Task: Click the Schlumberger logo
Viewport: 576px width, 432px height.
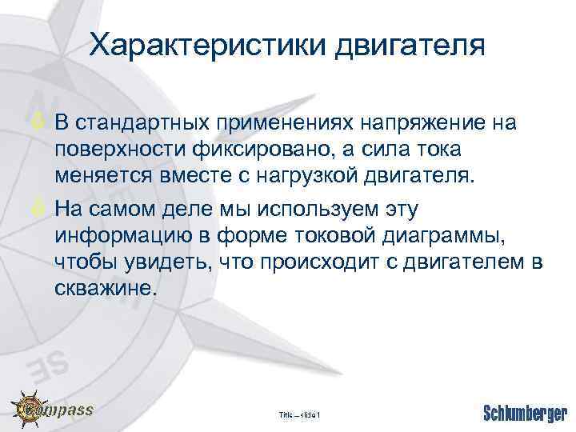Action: point(523,413)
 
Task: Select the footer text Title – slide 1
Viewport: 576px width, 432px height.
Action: point(299,414)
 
